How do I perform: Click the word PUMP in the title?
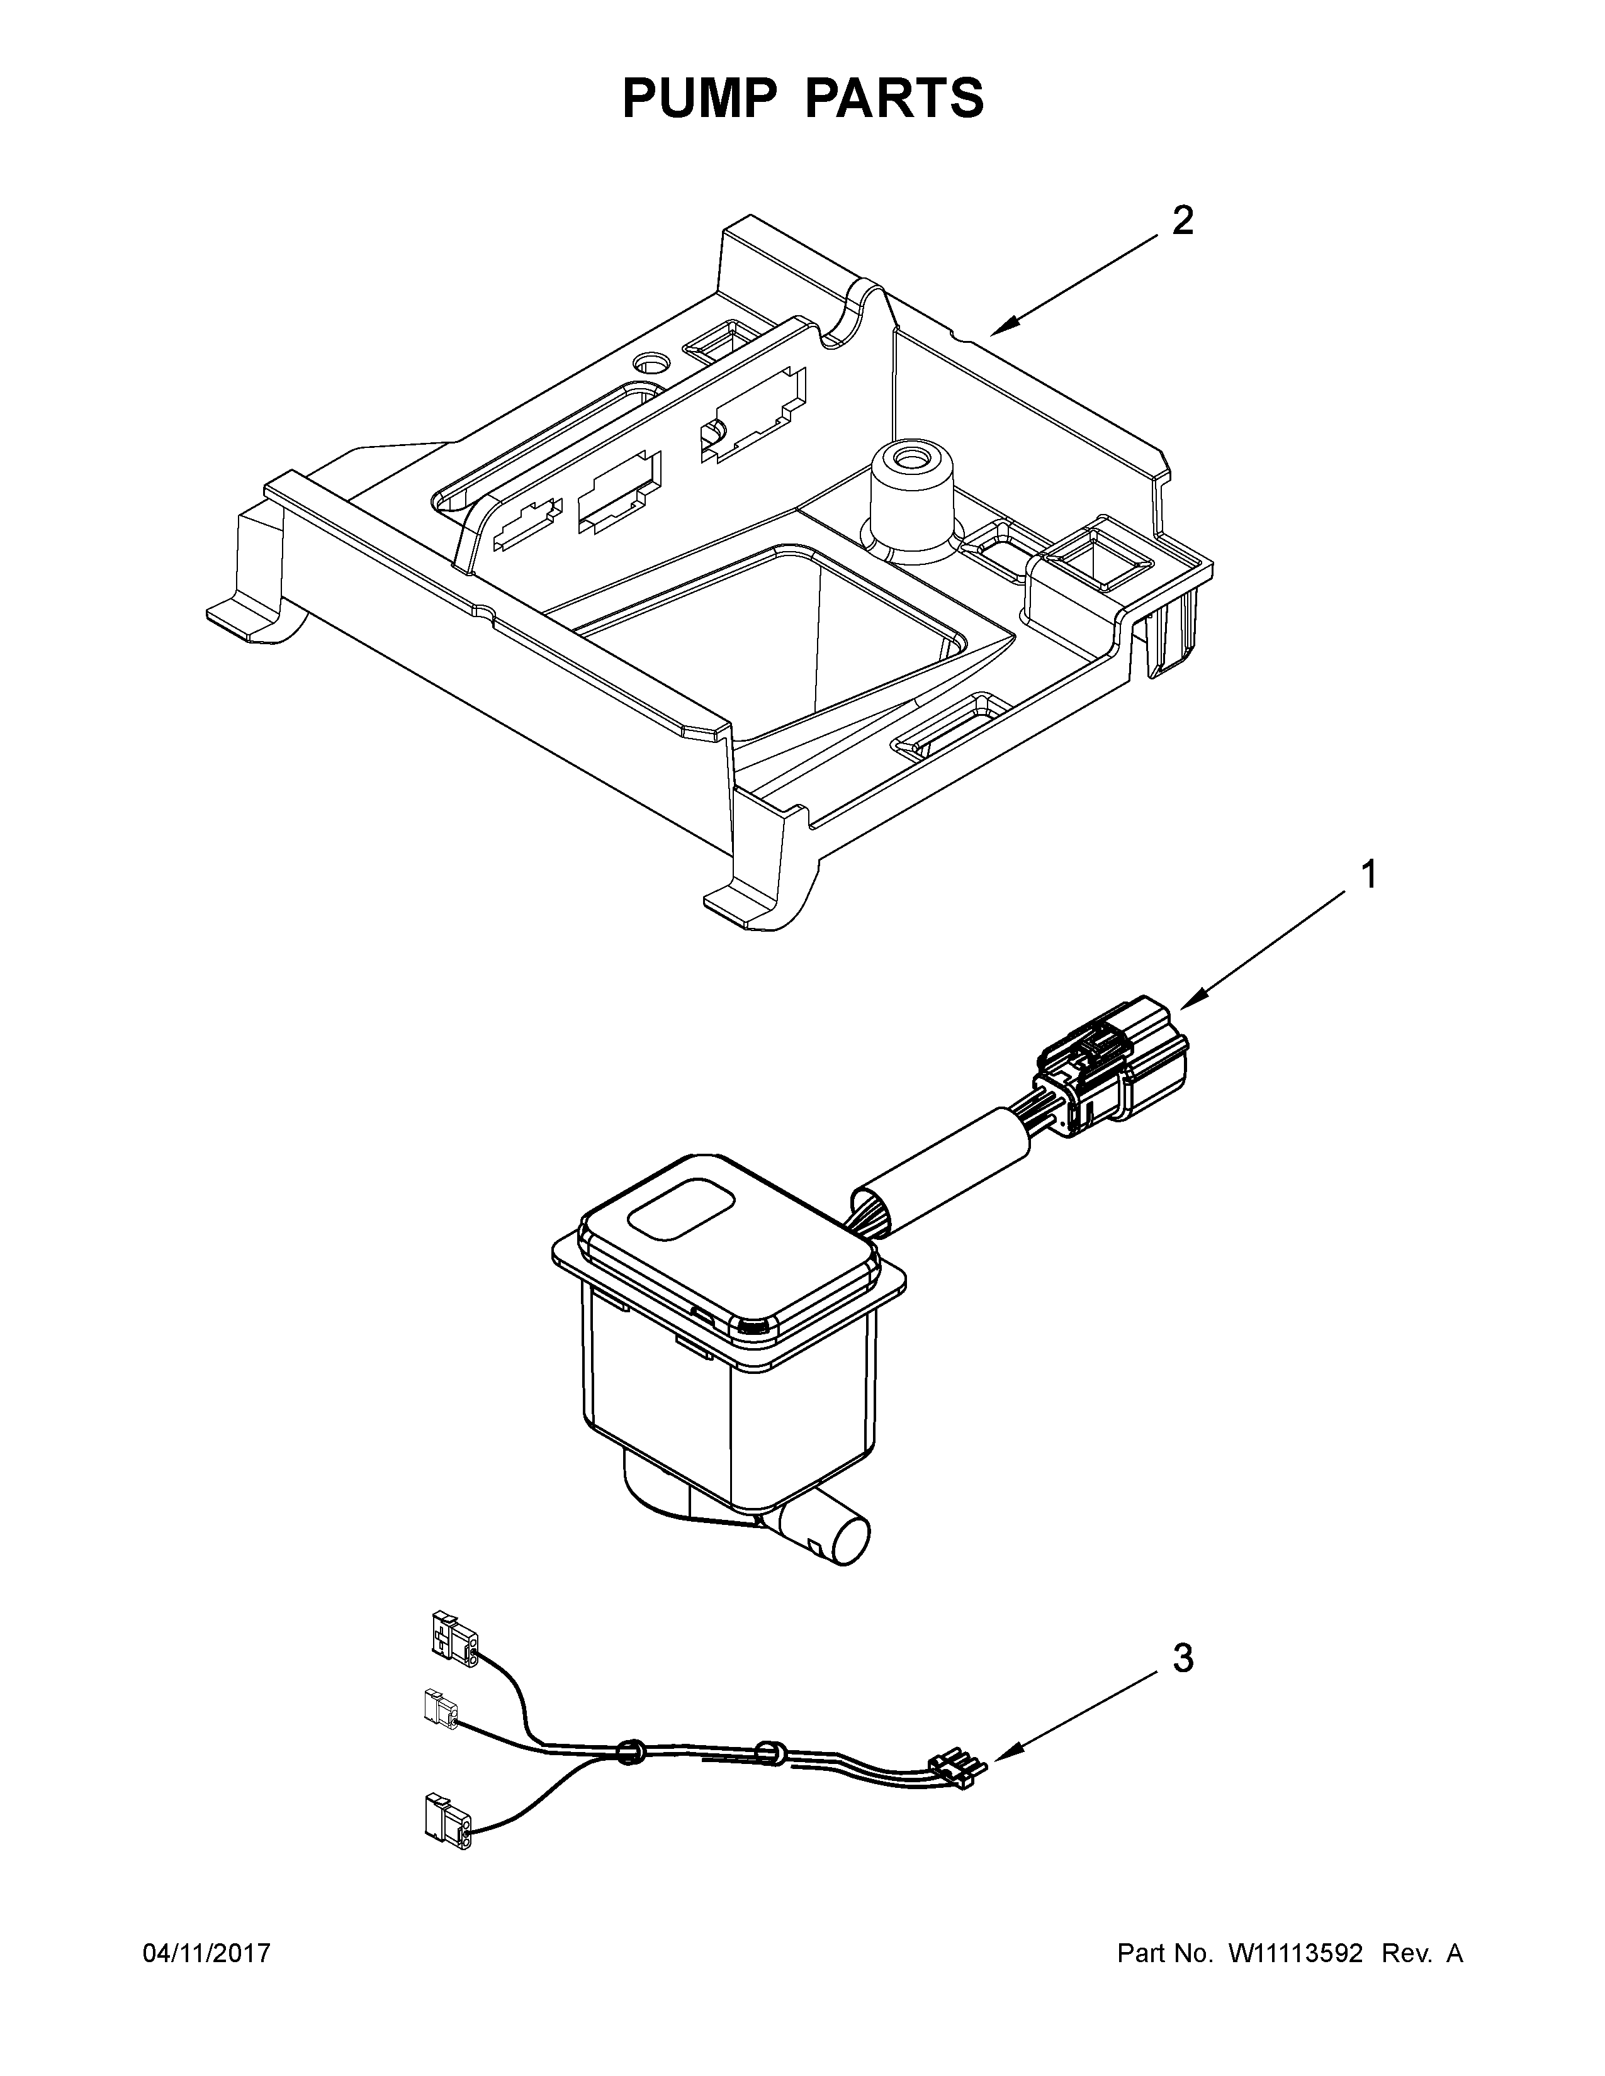[x=699, y=99]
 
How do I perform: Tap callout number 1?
[x=1368, y=874]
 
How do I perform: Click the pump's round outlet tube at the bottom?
[x=836, y=1536]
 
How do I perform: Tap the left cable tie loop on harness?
[x=628, y=1753]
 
